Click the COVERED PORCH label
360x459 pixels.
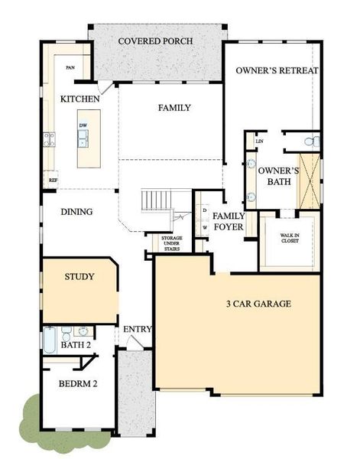156,41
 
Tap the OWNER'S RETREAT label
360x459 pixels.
277,70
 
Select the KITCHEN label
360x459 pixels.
79,99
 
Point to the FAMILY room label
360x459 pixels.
174,108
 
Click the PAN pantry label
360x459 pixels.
70,68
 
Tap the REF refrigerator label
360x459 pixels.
53,181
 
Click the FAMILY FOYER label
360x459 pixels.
228,221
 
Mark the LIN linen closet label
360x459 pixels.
259,141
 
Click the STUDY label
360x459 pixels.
79,276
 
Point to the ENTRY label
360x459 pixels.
138,330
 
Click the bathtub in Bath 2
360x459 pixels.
50,340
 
